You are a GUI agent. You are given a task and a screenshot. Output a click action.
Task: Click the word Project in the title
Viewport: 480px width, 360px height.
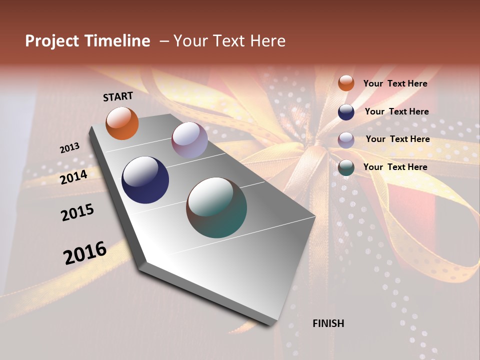[x=51, y=41]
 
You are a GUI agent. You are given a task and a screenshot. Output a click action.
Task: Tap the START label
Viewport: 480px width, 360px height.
[x=118, y=96]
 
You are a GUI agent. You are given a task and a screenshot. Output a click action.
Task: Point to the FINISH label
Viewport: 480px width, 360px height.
[x=328, y=323]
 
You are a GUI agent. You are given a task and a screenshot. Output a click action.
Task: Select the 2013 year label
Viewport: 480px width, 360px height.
[x=69, y=148]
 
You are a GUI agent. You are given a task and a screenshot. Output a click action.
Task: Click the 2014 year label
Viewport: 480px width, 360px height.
[x=74, y=177]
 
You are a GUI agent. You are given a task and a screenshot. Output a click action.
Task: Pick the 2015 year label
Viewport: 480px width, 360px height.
[x=77, y=212]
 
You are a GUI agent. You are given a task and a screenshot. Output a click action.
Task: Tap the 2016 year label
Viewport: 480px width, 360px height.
[x=85, y=252]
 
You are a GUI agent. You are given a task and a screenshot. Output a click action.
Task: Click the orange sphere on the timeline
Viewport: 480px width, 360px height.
[x=122, y=123]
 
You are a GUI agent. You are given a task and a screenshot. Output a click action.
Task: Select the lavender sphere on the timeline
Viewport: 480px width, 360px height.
[x=189, y=140]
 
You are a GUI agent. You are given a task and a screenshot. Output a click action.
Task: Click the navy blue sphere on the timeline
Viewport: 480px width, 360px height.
[x=145, y=180]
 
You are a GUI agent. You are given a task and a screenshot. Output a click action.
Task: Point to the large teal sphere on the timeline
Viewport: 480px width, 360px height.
[x=216, y=207]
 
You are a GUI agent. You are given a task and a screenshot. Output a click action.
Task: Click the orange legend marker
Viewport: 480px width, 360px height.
[x=346, y=83]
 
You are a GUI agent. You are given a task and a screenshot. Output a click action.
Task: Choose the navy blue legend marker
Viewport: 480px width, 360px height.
[x=346, y=111]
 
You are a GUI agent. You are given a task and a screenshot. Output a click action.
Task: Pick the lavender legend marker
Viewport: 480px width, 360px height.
[x=346, y=139]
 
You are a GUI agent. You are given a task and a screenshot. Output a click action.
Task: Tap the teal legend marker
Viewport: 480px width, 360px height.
[x=346, y=167]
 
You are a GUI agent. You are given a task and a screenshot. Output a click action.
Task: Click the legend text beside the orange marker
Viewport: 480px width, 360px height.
[x=395, y=83]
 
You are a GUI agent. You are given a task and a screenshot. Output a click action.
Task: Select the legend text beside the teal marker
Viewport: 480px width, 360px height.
[x=395, y=167]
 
